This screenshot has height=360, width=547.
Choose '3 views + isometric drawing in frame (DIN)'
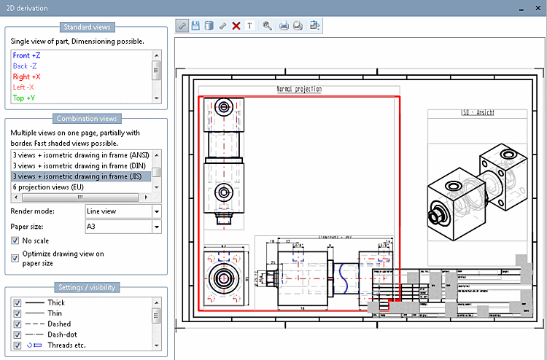(79, 165)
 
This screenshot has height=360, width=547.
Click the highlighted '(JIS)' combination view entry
(79, 176)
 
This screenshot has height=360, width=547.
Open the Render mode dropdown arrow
(157, 211)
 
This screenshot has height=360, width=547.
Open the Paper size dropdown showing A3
(157, 227)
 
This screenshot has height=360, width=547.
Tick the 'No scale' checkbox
(15, 240)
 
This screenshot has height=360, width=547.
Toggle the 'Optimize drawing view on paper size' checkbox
(15, 257)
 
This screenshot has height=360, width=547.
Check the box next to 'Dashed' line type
(18, 324)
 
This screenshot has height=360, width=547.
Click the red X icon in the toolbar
(236, 26)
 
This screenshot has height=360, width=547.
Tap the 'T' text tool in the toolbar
(249, 26)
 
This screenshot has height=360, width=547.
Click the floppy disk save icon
(195, 26)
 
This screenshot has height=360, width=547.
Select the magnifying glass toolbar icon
(267, 26)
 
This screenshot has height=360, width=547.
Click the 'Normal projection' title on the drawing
(299, 90)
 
